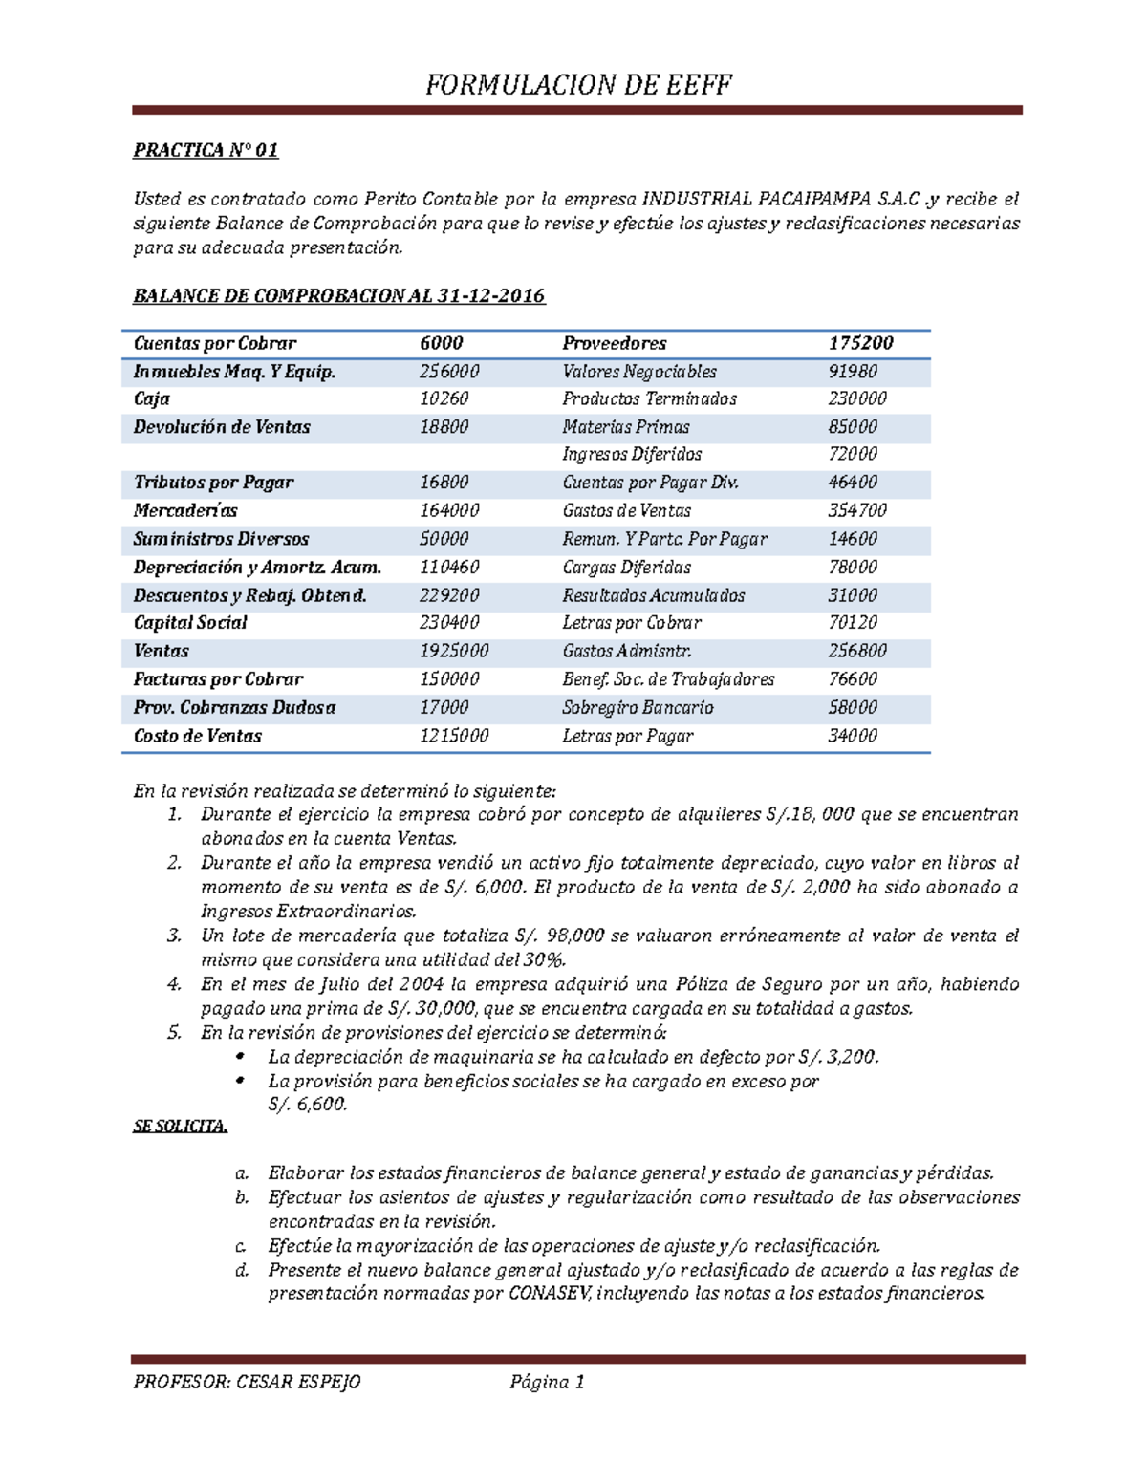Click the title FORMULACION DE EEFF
[578, 85]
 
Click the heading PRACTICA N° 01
[206, 150]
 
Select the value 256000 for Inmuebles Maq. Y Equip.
[449, 372]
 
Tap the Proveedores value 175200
[860, 343]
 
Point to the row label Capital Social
[190, 623]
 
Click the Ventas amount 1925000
[454, 651]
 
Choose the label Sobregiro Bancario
[638, 708]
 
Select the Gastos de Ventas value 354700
[856, 511]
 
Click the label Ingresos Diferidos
[632, 455]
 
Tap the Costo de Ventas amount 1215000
[454, 736]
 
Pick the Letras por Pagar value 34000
[852, 736]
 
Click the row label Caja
[151, 399]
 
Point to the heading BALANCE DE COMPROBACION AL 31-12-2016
[338, 295]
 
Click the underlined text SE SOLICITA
[180, 1127]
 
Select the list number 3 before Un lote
[174, 936]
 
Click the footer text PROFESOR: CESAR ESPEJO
[247, 1382]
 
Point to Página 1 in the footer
[547, 1382]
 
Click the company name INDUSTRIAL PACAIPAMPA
[755, 200]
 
